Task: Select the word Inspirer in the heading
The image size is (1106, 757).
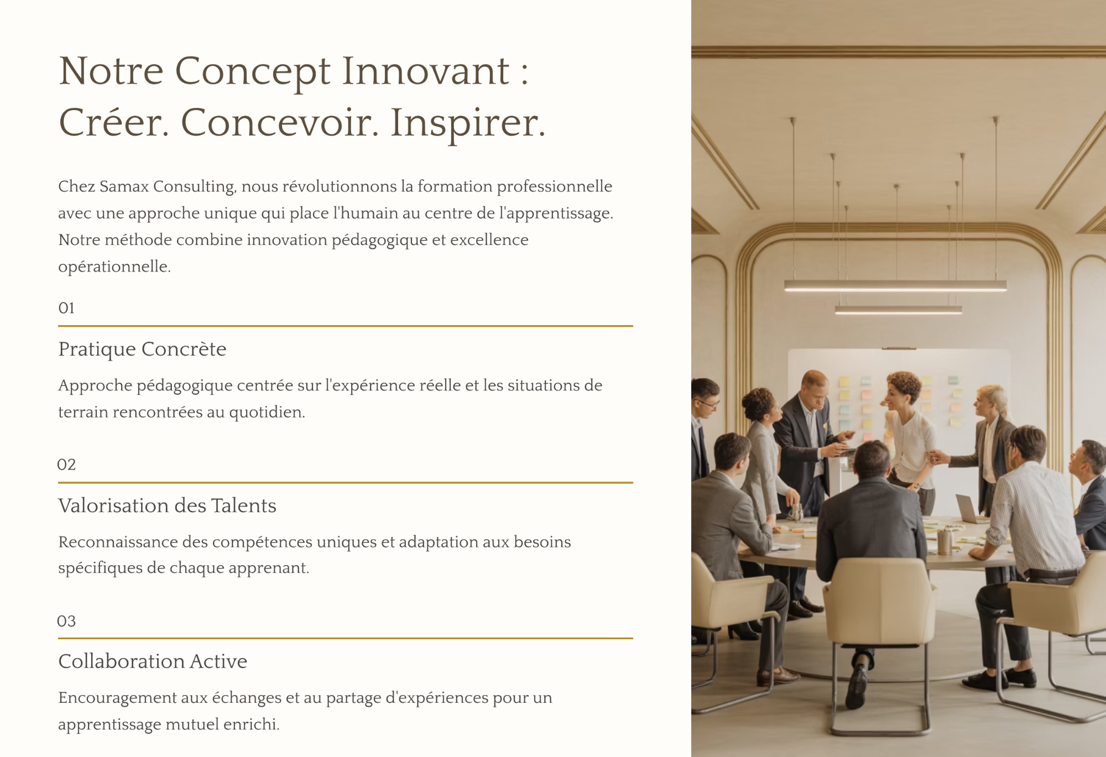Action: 468,123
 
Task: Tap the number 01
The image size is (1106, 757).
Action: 66,308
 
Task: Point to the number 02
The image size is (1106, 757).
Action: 66,464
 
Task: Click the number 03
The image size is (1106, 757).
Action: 66,621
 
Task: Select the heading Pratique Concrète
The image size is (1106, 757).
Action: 142,349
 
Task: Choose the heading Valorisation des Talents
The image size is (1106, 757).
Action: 167,505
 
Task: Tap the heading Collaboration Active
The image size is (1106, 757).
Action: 153,661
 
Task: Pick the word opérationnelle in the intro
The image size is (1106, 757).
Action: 114,267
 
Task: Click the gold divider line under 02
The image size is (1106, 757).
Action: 346,483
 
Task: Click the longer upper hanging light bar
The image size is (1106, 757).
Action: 895,285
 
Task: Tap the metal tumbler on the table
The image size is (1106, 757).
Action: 945,541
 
